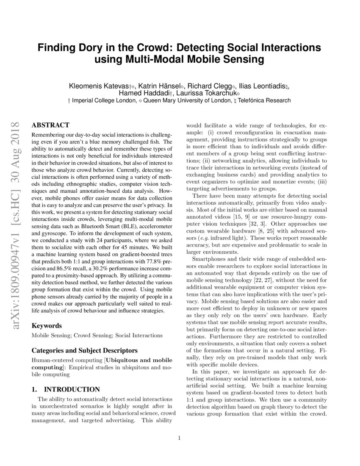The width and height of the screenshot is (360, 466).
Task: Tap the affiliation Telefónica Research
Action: (265, 100)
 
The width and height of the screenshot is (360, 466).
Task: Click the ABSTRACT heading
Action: (50, 125)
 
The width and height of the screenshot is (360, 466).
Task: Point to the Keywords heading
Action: (47, 326)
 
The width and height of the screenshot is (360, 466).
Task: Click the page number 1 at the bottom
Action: (180, 438)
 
